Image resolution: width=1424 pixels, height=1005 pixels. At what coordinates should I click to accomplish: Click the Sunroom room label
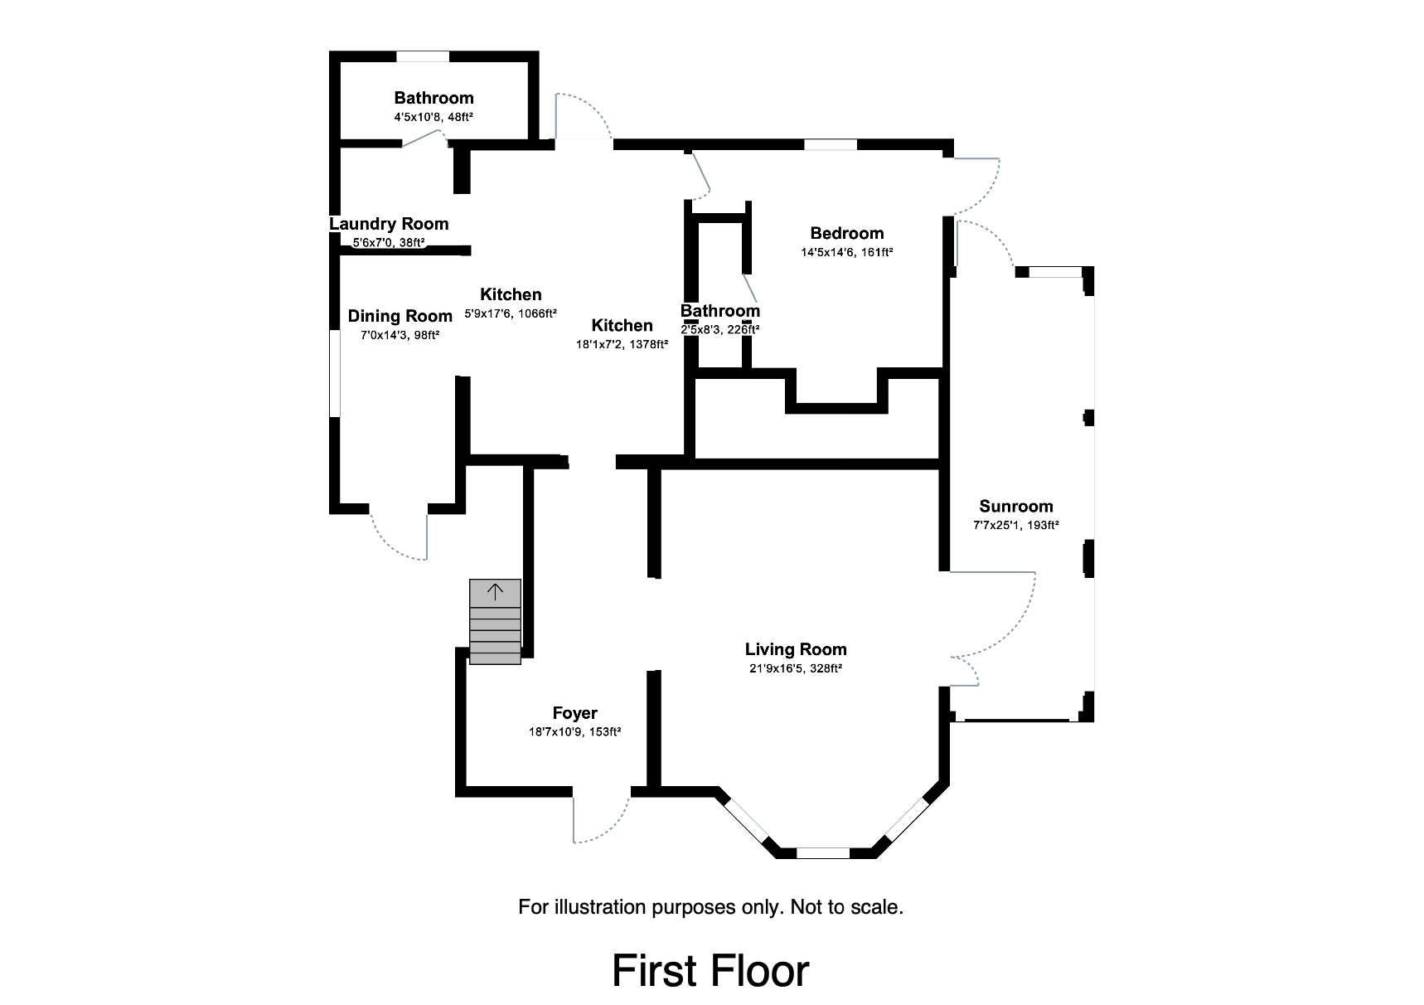1015,506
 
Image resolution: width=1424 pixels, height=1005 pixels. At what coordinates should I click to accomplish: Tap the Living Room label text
795,649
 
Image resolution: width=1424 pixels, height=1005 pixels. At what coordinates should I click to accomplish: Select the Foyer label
574,713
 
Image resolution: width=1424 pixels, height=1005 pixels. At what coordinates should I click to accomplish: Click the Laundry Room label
389,224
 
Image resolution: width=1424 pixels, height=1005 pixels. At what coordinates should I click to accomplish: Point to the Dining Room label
400,316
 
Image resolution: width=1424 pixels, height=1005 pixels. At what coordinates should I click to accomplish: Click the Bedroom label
846,233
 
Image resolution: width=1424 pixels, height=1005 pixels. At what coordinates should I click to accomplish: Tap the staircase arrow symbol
495,592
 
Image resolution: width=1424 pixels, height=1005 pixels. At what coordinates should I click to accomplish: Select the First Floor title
710,971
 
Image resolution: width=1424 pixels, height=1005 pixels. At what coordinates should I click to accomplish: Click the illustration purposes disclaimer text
710,906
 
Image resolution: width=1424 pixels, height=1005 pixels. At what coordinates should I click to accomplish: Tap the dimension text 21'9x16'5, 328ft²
795,668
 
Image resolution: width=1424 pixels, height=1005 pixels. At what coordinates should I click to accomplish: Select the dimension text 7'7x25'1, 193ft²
1015,525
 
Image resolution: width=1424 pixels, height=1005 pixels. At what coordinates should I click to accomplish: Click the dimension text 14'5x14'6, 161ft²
846,252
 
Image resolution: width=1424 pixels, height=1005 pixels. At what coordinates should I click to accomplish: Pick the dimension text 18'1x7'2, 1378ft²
622,344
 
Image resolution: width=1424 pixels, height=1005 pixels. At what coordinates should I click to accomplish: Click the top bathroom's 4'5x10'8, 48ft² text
433,117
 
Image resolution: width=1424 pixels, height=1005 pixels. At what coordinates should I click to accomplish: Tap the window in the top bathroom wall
423,56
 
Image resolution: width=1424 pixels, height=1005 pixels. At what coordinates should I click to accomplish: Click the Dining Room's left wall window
335,373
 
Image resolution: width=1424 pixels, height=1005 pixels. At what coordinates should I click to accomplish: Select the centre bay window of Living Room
822,852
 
